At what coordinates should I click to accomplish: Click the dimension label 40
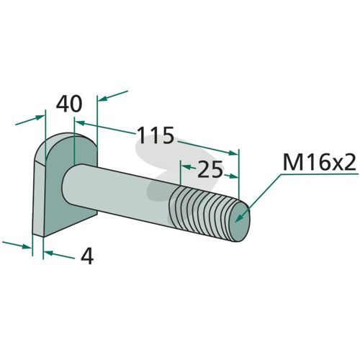click(69, 104)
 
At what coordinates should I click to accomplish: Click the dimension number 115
click(156, 135)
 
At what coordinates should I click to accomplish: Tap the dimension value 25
click(210, 169)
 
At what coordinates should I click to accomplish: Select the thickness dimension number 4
click(87, 257)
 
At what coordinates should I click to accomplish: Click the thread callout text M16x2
click(319, 163)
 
